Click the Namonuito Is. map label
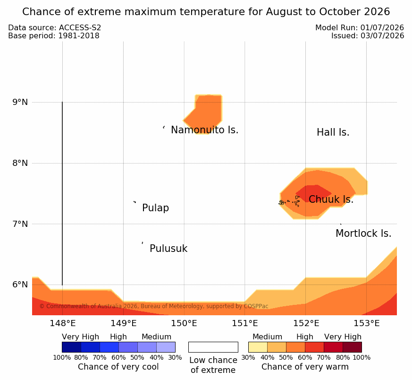(205, 130)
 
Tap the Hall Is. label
(333, 132)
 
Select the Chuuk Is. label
(331, 199)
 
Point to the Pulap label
(156, 208)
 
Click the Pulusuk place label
(168, 249)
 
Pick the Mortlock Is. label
(363, 233)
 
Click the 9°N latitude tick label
(20, 102)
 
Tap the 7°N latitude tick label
(20, 224)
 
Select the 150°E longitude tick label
(184, 323)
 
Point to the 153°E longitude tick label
(367, 323)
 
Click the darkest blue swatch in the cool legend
(71, 347)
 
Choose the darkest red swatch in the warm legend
(352, 347)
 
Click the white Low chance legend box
(213, 347)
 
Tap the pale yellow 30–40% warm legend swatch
(258, 347)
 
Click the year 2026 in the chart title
(377, 12)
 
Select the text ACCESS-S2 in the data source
(80, 28)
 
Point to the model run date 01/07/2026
(382, 27)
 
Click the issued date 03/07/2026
(382, 35)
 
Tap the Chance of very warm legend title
(305, 367)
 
